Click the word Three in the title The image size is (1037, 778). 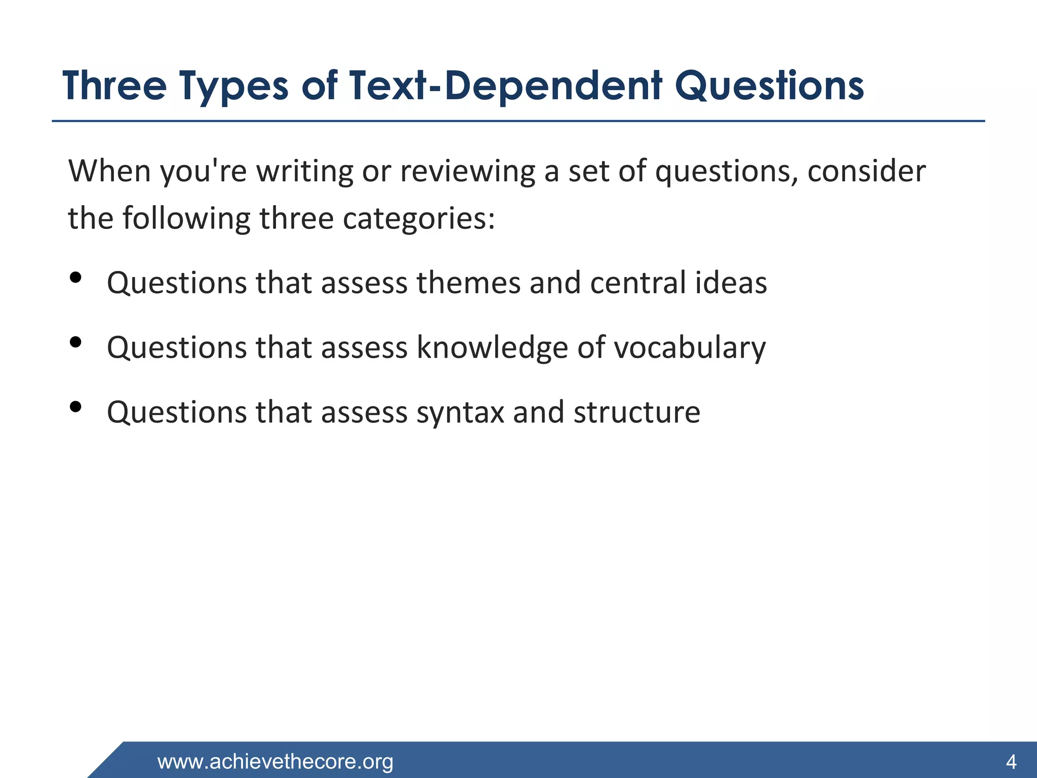[114, 86]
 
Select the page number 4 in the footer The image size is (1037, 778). [1011, 761]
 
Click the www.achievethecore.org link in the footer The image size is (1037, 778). [275, 761]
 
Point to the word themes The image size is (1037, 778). [468, 283]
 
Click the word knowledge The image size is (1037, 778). [492, 348]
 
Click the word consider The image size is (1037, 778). [866, 171]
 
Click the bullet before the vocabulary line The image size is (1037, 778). [75, 342]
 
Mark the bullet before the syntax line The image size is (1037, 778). [75, 407]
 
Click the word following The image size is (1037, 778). [186, 219]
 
